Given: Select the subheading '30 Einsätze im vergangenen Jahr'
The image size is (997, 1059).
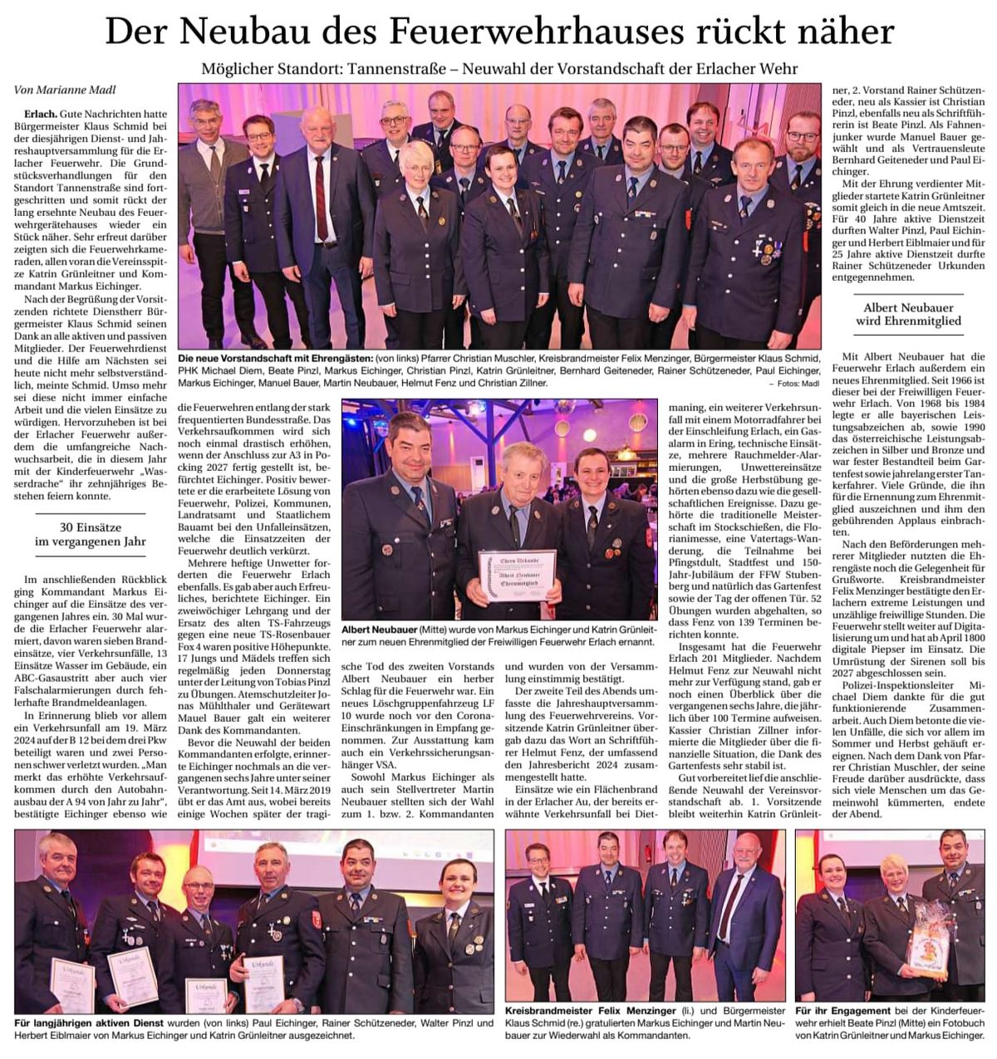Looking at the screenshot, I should pos(91,534).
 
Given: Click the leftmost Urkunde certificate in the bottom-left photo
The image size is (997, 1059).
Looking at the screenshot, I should pos(73,983).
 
